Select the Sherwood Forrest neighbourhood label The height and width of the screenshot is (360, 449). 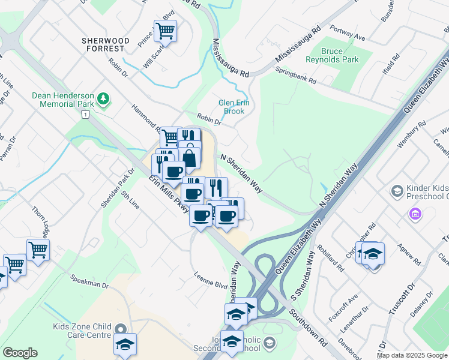point(106,45)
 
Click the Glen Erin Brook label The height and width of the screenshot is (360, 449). point(234,106)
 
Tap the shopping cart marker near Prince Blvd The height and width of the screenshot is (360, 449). point(165,30)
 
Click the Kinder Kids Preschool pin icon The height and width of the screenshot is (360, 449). point(396,191)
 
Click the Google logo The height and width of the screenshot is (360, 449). point(20,353)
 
